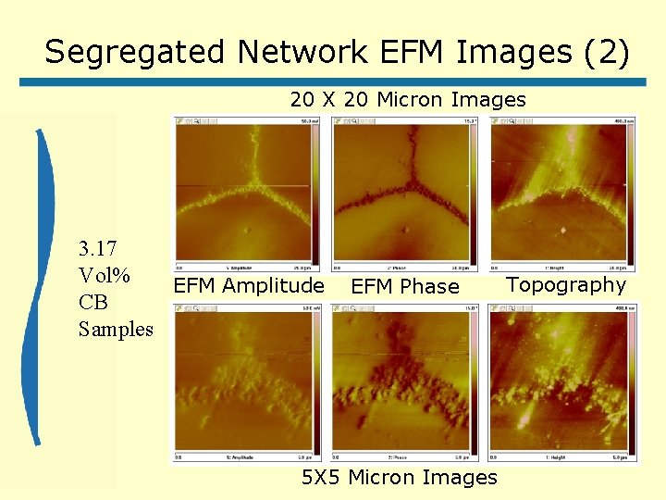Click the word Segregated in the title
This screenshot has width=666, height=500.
[x=137, y=52]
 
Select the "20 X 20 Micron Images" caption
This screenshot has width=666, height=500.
[x=408, y=100]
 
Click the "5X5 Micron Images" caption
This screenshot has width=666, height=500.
[x=400, y=478]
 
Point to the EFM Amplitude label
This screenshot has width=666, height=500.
[x=249, y=286]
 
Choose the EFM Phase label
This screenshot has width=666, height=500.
[x=405, y=287]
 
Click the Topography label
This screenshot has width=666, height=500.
[x=566, y=285]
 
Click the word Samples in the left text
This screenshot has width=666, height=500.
[x=116, y=329]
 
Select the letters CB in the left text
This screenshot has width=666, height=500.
[x=93, y=303]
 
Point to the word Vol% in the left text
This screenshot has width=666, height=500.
[x=105, y=276]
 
